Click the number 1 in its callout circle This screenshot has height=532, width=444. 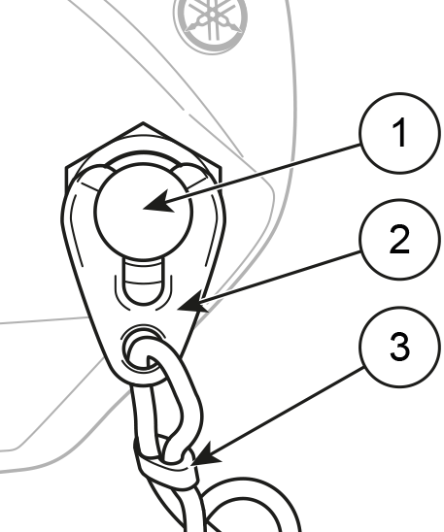(x=399, y=133)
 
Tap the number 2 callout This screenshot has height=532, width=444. (x=399, y=240)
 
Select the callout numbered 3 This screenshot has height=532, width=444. (x=399, y=347)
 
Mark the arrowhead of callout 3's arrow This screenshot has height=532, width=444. (x=205, y=454)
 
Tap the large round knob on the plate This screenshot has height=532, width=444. (x=143, y=211)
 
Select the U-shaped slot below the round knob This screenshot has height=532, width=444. (x=143, y=282)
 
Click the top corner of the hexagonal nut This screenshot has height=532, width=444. (x=143, y=122)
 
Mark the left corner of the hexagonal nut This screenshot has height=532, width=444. (x=66, y=167)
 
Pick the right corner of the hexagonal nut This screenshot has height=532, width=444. (x=221, y=167)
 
